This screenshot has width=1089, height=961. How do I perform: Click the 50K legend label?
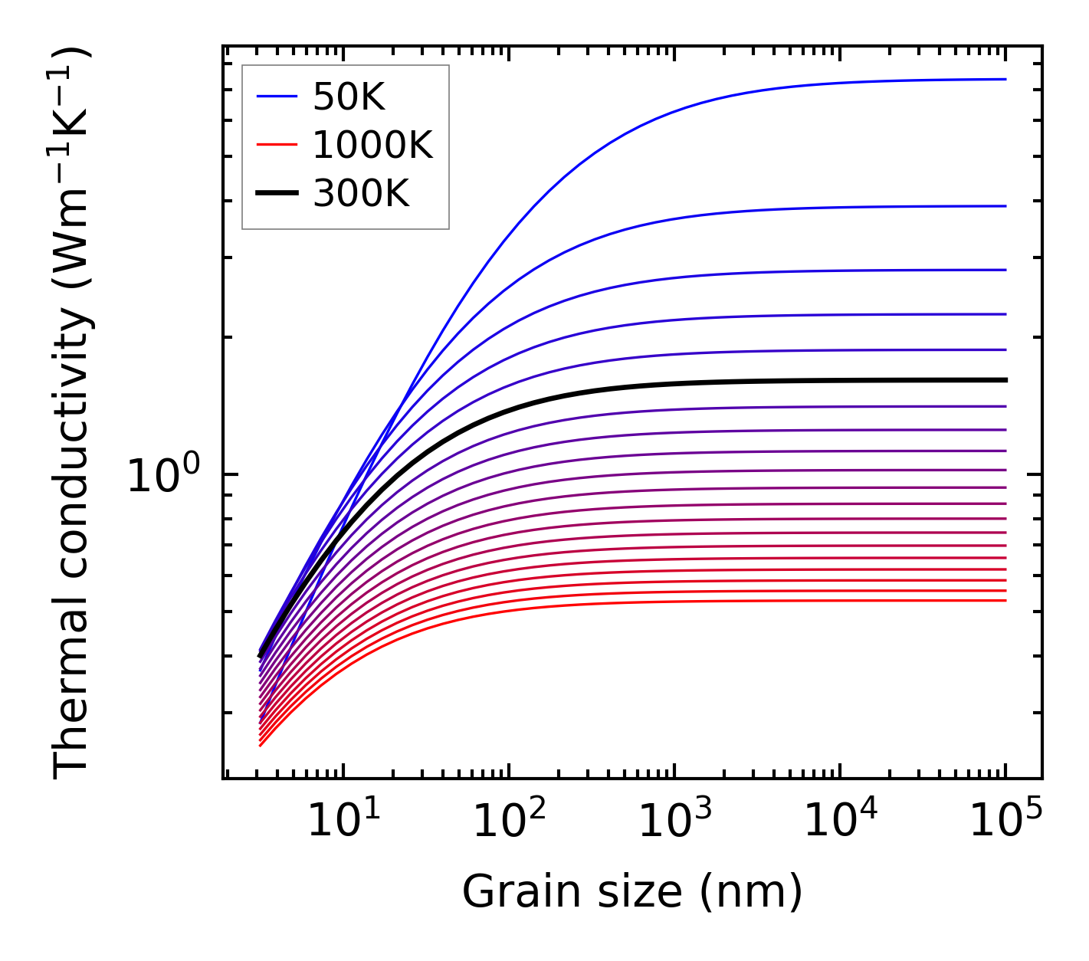point(349,97)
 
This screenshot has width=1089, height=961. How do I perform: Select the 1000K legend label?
point(372,145)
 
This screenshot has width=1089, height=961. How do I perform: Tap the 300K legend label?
point(361,194)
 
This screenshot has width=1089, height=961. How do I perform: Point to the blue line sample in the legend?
point(277,97)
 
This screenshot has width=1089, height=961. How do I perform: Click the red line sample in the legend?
point(277,145)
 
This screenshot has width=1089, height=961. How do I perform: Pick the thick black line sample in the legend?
point(277,194)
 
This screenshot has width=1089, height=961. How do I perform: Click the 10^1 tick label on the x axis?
point(343,822)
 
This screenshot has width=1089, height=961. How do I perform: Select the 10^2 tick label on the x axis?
point(509,822)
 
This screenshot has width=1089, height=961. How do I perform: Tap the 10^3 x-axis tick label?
point(674,822)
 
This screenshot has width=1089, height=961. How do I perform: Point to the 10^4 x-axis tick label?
point(840,822)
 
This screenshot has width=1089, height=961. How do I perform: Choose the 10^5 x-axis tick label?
point(1005,822)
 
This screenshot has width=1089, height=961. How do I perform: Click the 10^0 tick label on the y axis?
point(162,476)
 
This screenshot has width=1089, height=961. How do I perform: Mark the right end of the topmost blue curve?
point(1005,79)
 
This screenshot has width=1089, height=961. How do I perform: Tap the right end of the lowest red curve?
point(1005,600)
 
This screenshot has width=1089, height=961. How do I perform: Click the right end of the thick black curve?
point(1005,380)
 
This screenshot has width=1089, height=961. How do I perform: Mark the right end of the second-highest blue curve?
point(1005,206)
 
